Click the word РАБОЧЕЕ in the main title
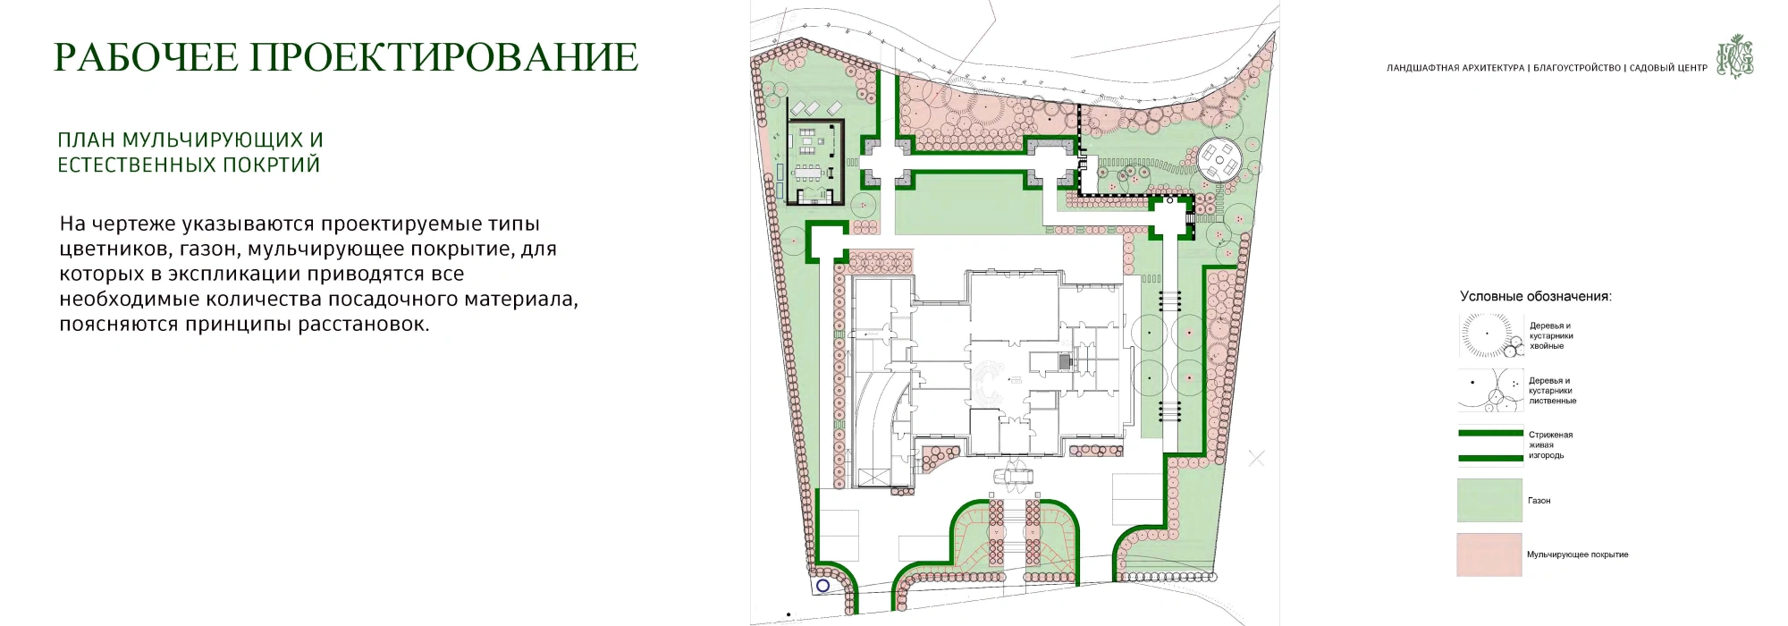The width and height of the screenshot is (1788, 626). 147,56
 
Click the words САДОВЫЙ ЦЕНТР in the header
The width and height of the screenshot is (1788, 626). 1668,68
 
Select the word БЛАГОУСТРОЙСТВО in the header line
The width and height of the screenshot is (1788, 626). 1577,68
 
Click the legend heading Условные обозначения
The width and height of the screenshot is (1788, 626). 1536,296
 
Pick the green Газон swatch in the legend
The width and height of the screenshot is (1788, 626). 1489,500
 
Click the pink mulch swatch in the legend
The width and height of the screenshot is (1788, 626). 1489,554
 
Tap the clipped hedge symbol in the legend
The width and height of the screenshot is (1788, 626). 1490,445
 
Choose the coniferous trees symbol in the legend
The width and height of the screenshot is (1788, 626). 1490,336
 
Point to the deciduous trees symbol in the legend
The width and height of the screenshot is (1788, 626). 1490,390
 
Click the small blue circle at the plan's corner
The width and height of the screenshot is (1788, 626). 823,585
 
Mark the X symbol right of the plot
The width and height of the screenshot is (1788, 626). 1256,459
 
